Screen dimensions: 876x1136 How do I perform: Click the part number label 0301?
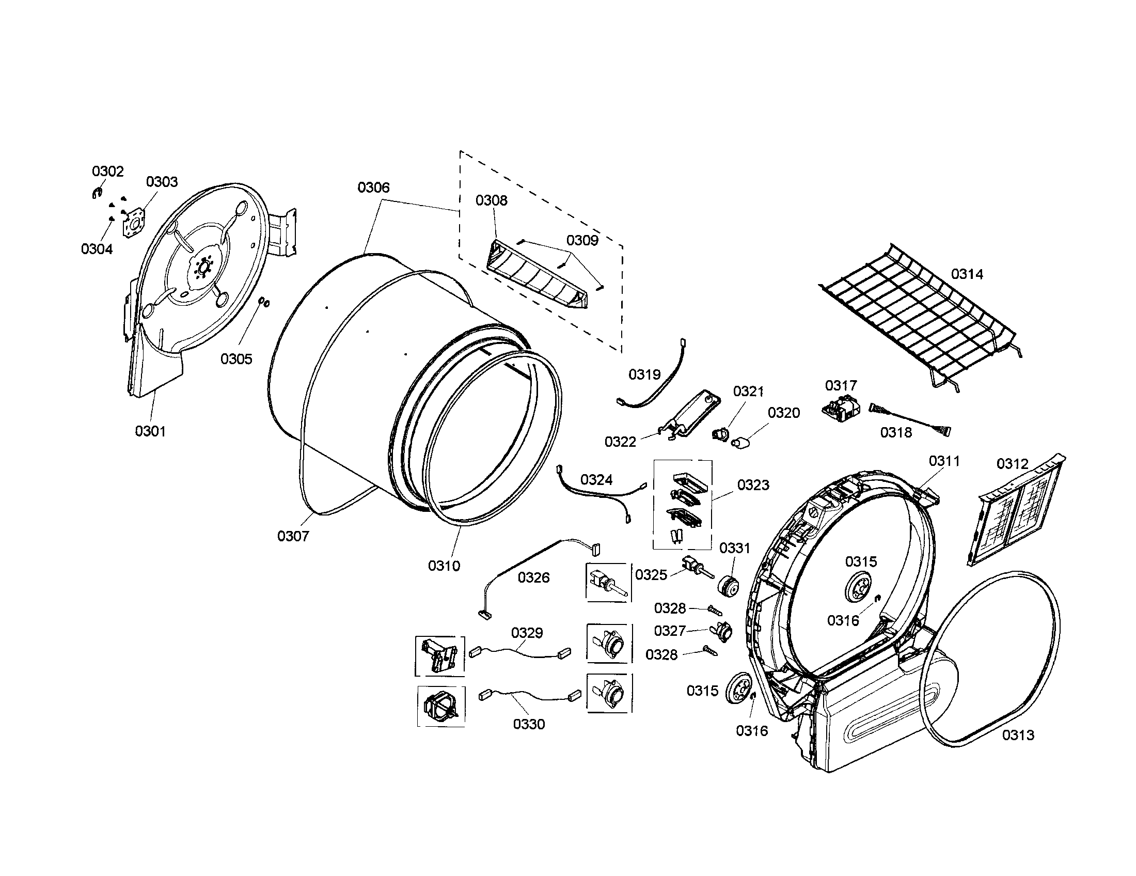pyautogui.click(x=150, y=431)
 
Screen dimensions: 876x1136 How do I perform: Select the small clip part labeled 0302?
pyautogui.click(x=95, y=194)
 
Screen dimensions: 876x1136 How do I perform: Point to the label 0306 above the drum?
pyautogui.click(x=373, y=188)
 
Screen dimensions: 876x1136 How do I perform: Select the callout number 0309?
pyautogui.click(x=582, y=240)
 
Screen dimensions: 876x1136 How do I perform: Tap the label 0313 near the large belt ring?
pyautogui.click(x=1018, y=735)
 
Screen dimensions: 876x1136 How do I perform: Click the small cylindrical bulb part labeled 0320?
pyautogui.click(x=738, y=443)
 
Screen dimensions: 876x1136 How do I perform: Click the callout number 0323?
pyautogui.click(x=753, y=485)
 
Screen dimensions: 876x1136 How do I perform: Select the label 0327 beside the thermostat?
pyautogui.click(x=669, y=631)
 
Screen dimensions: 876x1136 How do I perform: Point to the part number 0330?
pyautogui.click(x=528, y=724)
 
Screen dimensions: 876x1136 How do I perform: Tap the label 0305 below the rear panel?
pyautogui.click(x=236, y=359)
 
